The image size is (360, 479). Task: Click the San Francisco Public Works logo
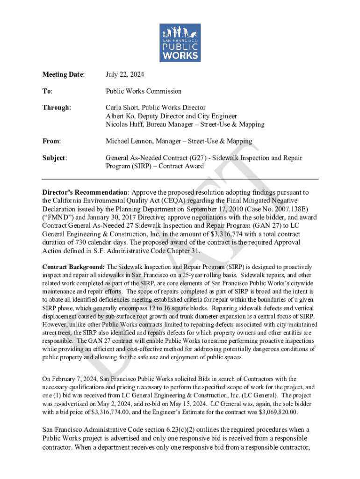(x=180, y=43)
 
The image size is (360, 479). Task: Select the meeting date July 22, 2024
(x=125, y=74)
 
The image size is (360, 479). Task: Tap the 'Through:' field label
(x=57, y=108)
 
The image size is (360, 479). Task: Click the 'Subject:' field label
(x=54, y=158)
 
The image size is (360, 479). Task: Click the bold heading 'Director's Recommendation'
(x=85, y=192)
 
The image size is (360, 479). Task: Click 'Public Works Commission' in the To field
(x=144, y=91)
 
